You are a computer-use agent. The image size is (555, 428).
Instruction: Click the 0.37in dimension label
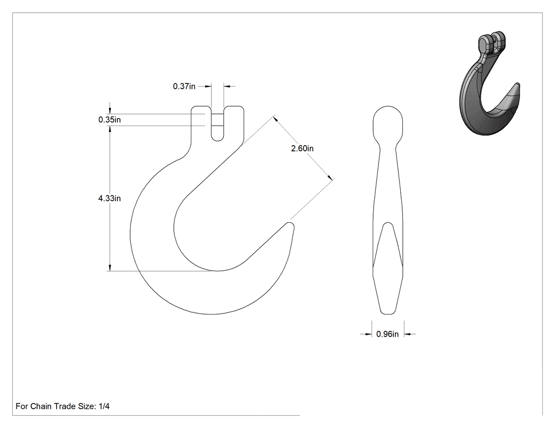pos(184,86)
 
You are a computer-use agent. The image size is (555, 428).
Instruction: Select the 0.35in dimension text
pos(109,120)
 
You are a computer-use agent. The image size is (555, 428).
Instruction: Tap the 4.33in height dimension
pos(109,198)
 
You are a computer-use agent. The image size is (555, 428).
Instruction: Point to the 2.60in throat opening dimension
pos(302,148)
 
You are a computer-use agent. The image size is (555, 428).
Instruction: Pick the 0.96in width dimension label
pos(387,334)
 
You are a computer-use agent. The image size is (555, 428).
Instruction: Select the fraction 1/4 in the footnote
pos(104,406)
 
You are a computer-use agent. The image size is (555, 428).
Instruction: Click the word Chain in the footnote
pos(41,406)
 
